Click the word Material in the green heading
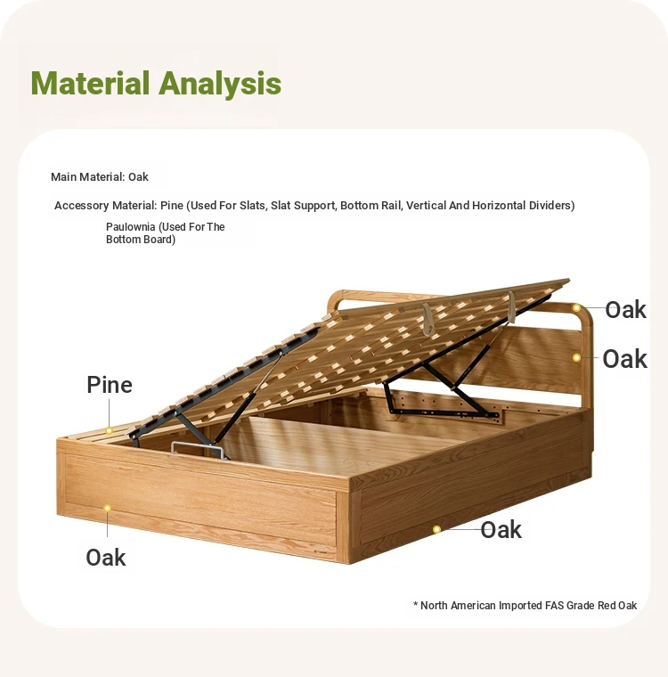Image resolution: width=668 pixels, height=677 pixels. coord(90,83)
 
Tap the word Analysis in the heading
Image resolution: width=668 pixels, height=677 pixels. coord(220,84)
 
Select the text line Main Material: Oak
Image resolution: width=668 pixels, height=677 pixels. coord(100,177)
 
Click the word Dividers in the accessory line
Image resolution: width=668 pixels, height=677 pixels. coord(552,206)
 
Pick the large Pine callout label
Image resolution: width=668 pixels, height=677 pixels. coord(110,385)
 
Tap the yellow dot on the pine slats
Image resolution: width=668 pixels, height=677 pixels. coord(110,430)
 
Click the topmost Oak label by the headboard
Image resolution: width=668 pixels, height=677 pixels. coord(625,310)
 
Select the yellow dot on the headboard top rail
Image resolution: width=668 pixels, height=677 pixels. coord(576,308)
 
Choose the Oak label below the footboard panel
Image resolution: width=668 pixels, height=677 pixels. coord(106,557)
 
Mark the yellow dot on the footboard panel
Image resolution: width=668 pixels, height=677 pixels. coord(107,508)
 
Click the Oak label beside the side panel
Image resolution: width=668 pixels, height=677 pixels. coord(501,530)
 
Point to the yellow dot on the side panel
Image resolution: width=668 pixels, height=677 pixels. coord(436,529)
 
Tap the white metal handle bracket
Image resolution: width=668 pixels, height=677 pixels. coord(199,449)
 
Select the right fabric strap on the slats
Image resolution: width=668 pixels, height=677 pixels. coord(511,306)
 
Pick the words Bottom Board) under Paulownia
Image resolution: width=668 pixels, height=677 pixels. coord(141,240)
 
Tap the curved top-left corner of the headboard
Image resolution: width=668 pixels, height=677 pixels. coord(334,298)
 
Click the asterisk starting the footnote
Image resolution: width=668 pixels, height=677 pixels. coord(415,604)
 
